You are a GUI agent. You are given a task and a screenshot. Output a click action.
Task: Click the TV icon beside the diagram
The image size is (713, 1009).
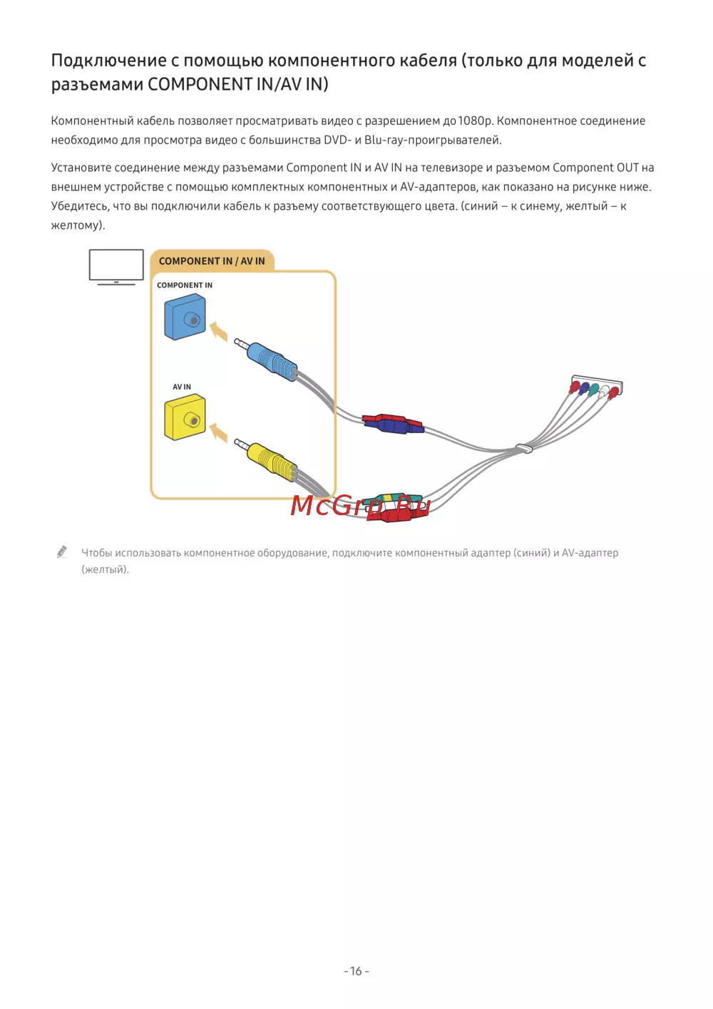tap(116, 267)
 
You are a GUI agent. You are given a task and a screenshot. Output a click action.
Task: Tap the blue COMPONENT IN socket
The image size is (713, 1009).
tap(185, 317)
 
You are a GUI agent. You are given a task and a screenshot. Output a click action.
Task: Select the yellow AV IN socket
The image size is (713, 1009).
tap(185, 417)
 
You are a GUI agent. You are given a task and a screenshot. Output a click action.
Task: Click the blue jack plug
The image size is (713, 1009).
tap(265, 359)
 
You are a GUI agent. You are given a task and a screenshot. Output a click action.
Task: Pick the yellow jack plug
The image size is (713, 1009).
tap(265, 460)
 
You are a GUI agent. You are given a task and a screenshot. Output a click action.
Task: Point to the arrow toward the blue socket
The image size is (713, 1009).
tap(219, 330)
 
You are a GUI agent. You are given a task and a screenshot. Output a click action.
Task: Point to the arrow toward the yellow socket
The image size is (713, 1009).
tap(219, 432)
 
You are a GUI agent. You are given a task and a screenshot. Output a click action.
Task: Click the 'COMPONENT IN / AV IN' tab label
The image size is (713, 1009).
tap(212, 261)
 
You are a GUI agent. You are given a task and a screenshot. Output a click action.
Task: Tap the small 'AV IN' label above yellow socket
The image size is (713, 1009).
tap(182, 387)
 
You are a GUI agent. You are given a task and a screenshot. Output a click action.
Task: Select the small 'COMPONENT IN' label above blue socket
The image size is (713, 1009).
tap(185, 285)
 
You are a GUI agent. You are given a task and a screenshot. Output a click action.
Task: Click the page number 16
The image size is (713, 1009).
tap(356, 970)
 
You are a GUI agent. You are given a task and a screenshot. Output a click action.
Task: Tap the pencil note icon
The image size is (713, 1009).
tap(62, 552)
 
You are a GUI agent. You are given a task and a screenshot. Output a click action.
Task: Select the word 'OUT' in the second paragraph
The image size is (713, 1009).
tap(627, 168)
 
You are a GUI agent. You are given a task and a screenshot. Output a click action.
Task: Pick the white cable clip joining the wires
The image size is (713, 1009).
tap(524, 448)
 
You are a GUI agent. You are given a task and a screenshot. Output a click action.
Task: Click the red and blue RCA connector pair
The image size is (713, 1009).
tap(393, 424)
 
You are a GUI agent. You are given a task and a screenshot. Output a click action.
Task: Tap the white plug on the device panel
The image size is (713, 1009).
tap(602, 392)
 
